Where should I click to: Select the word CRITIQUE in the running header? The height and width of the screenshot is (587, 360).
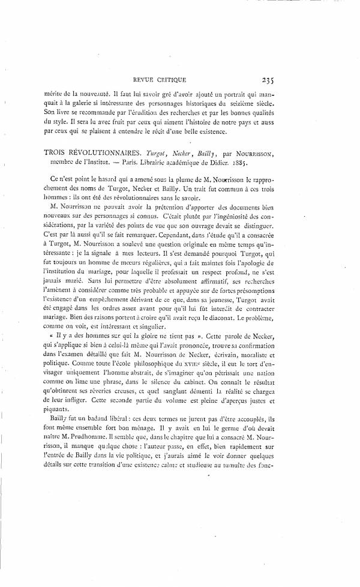(x=173, y=79)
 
